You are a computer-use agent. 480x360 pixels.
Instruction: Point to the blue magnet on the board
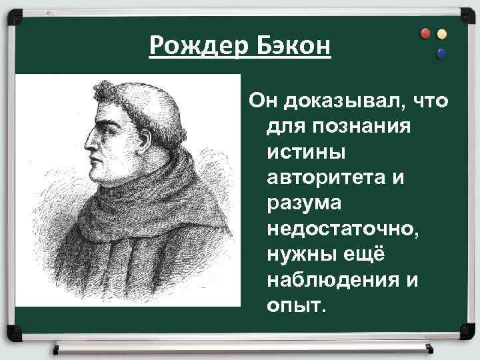441,53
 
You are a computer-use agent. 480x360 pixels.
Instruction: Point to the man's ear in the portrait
150,133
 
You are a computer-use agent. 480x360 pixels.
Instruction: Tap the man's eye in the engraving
107,121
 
